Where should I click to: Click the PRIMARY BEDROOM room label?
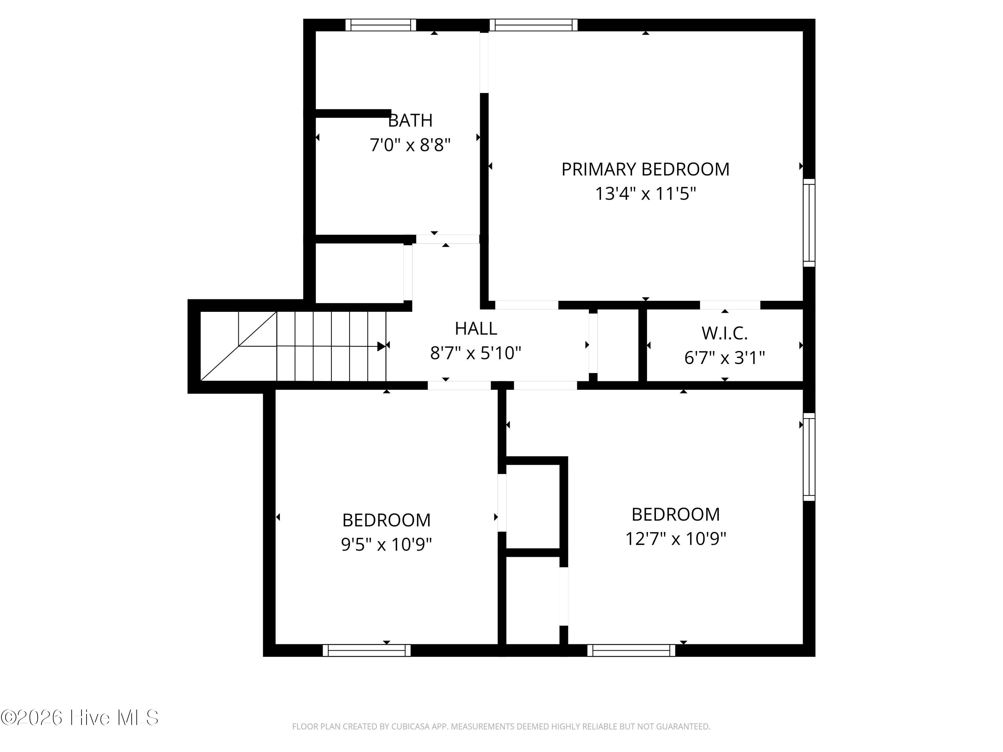(x=645, y=169)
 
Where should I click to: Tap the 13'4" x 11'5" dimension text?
(x=645, y=194)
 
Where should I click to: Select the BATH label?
(x=410, y=121)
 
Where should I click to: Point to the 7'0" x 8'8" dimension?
(x=410, y=145)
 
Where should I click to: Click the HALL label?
(x=476, y=329)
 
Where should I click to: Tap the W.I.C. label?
(x=725, y=334)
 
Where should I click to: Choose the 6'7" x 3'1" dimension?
(x=725, y=358)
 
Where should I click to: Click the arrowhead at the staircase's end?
(x=381, y=346)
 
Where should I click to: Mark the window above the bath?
(x=381, y=25)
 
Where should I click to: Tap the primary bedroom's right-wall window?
(x=809, y=223)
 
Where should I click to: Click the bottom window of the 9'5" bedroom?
(x=366, y=650)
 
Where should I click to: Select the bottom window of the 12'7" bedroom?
(x=631, y=650)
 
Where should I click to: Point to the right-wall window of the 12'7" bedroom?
(x=809, y=457)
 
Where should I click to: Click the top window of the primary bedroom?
(x=534, y=25)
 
